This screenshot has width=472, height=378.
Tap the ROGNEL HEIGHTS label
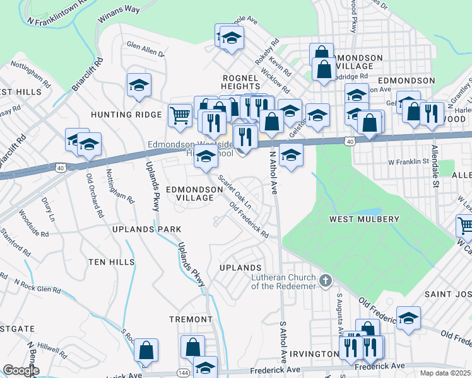[x=240, y=83]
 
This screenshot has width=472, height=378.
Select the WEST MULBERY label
[x=364, y=219]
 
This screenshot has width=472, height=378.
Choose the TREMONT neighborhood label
[x=191, y=319]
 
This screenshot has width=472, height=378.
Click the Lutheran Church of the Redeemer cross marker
[x=326, y=279]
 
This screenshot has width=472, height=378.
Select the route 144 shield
[x=182, y=373]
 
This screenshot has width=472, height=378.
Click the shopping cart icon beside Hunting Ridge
[x=180, y=114]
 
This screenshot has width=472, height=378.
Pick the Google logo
[x=21, y=370]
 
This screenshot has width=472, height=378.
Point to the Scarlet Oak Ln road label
[x=235, y=192]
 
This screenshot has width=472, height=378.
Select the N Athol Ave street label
[x=273, y=173]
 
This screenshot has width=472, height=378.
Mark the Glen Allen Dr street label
[x=146, y=49]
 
